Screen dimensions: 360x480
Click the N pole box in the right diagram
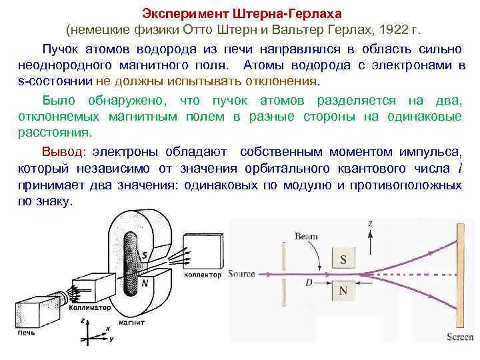343,290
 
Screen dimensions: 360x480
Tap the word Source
241,274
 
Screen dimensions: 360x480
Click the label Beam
307,235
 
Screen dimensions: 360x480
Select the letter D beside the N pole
308,282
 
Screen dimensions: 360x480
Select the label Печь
27,331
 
